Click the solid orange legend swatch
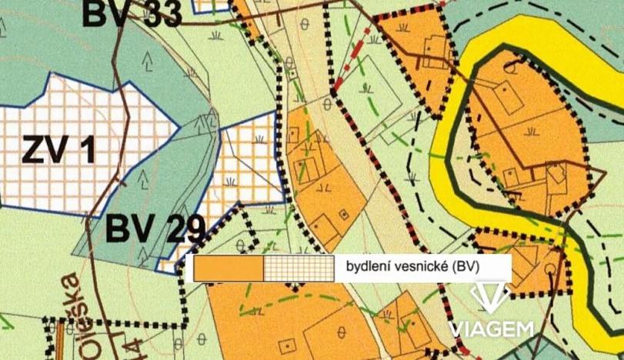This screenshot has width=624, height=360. click(x=229, y=268)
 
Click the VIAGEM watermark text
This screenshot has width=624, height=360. click(x=492, y=328)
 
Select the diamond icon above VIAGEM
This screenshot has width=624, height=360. click(x=490, y=296)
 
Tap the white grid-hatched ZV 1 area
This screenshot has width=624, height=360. click(x=69, y=185)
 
